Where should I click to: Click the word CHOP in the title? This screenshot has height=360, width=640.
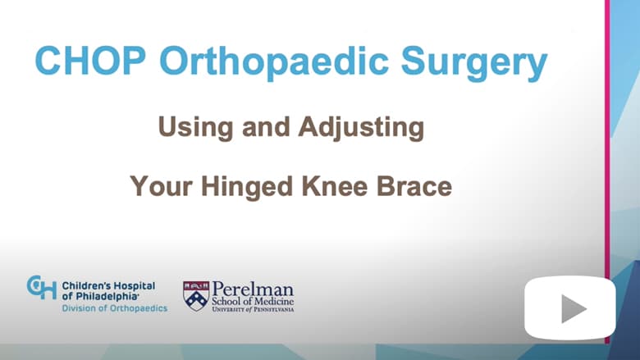90,61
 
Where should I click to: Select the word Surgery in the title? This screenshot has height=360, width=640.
474,63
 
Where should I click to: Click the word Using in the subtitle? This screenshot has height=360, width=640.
195,128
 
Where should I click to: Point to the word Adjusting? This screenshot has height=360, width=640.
361,128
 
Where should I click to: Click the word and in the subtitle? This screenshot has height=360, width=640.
266,127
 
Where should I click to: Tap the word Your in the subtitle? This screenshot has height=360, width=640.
161,186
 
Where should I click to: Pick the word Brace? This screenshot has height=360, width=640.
414,186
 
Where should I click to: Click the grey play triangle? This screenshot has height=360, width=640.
574,308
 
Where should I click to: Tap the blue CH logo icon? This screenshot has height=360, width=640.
42,288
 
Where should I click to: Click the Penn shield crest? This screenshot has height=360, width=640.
196,296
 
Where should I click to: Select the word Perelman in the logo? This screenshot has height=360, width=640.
253,289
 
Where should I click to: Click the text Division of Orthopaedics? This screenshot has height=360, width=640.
115,308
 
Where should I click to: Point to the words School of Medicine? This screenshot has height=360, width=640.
253,302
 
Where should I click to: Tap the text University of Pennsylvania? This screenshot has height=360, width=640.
253,309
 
